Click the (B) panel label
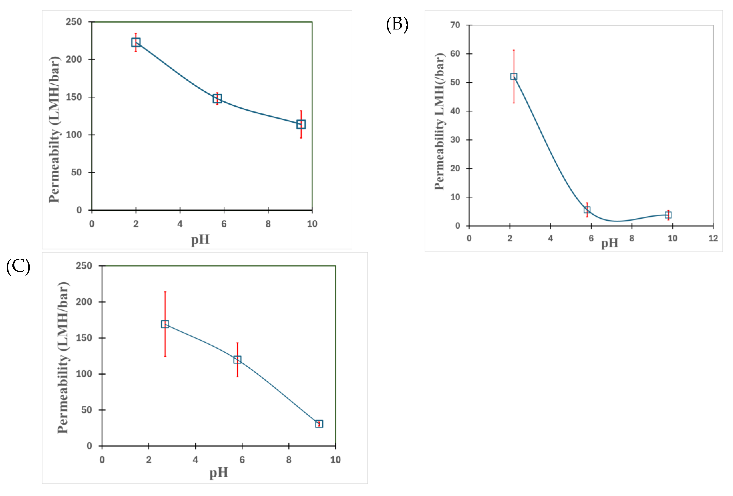pos(397,25)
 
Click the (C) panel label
pos(18,267)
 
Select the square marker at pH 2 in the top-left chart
pos(136,42)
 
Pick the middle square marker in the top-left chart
pos(217,98)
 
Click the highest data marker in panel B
pos(513,77)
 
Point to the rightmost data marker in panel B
pos(668,215)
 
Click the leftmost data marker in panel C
pos(165,324)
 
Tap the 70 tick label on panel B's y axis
pos(455,25)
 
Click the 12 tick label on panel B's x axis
pos(713,238)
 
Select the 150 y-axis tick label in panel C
pos(84,338)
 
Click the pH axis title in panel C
pos(219,473)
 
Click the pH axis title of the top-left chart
pos(200,240)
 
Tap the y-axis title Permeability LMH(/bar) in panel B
pos(439,122)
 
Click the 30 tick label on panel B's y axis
pos(455,140)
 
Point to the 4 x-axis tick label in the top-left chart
pos(180,224)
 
